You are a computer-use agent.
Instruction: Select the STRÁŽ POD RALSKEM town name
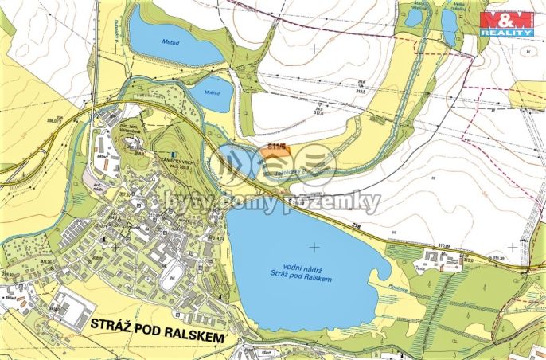pyautogui.click(x=159, y=324)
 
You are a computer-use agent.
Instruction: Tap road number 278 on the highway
pyautogui.click(x=369, y=229)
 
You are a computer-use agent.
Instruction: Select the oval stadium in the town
pyautogui.click(x=170, y=280)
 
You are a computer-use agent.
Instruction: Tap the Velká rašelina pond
pyautogui.click(x=450, y=25)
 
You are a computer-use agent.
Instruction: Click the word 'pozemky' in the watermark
pyautogui.click(x=339, y=202)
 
